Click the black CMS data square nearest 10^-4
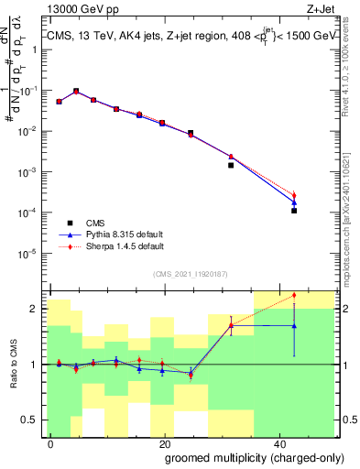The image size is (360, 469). pos(294,211)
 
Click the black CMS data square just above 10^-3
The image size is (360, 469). pos(231,166)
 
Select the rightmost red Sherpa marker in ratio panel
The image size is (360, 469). pos(294,295)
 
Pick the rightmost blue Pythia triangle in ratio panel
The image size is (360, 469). pos(294,325)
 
